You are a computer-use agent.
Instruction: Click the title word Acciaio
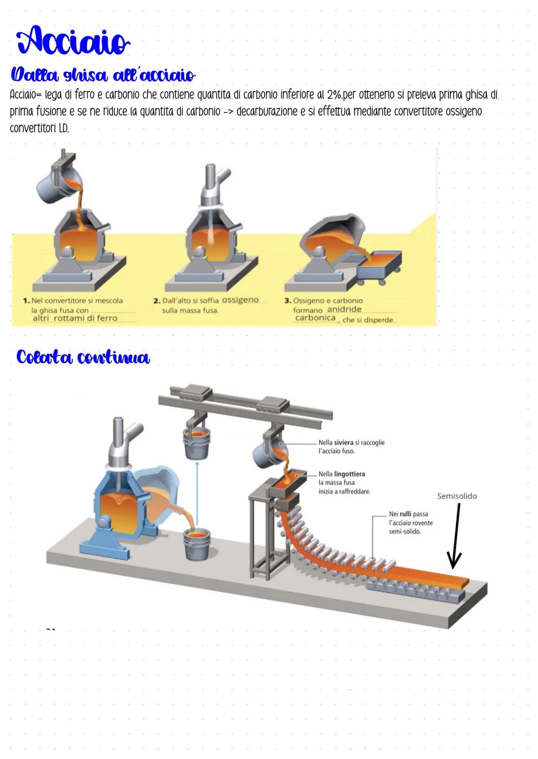point(73,41)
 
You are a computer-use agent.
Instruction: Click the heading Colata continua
point(83,357)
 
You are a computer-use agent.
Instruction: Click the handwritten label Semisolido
point(457,496)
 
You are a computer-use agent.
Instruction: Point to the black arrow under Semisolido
point(455,536)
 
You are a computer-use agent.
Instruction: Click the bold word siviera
point(344,442)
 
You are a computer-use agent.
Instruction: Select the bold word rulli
point(405,514)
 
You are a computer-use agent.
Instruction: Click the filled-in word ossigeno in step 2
point(240,300)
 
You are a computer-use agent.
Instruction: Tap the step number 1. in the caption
point(26,301)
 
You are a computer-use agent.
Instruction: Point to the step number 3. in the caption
point(287,301)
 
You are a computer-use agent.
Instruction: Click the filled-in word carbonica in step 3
point(315,318)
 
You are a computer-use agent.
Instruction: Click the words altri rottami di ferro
point(75,318)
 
